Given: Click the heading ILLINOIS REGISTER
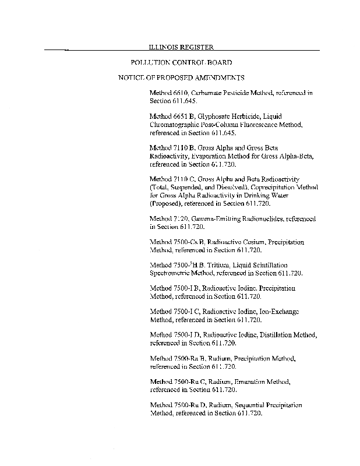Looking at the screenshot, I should (181, 47).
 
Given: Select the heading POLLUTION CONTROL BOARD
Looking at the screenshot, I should (181, 62).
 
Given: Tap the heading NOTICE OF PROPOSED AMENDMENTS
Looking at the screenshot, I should (181, 77).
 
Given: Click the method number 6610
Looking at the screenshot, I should (179, 93).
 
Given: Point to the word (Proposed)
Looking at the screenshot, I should (167, 204).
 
